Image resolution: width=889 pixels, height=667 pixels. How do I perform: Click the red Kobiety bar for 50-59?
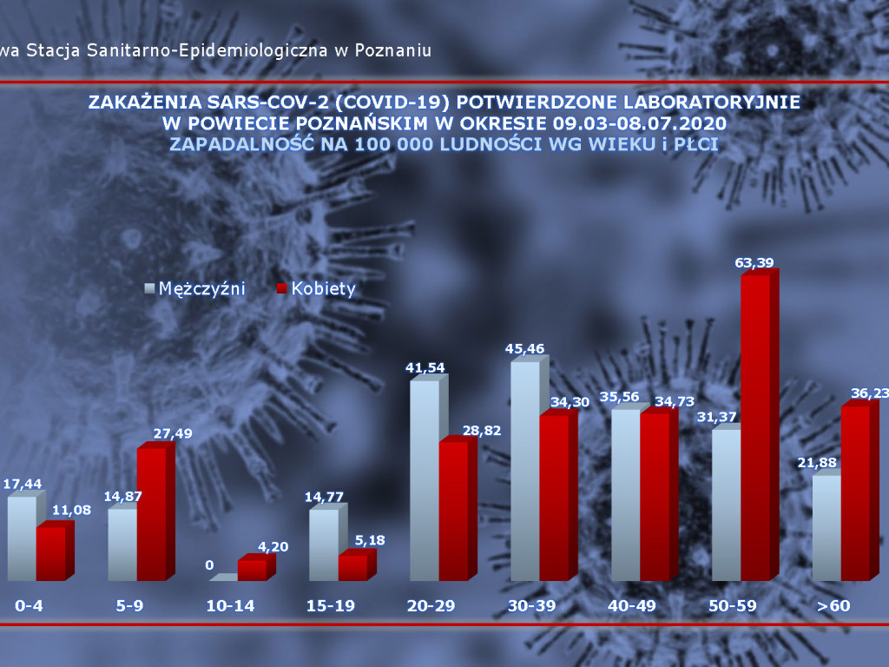pos(754,426)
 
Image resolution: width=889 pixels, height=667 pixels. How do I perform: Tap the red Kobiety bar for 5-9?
pos(151,512)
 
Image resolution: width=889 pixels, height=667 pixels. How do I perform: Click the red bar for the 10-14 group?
pos(252,569)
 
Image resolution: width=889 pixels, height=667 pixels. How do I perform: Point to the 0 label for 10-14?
pos(209,565)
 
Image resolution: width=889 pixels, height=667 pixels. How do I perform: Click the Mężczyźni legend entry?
pos(195,288)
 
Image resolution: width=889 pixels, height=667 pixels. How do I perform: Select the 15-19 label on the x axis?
pos(332,605)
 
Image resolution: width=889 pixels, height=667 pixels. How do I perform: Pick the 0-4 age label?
pos(30,605)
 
